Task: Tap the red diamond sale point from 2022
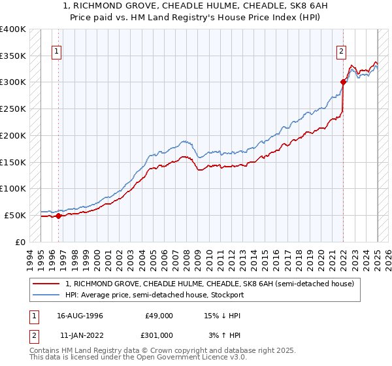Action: [x=344, y=82]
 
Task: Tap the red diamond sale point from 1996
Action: [x=58, y=216]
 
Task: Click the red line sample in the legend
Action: [x=48, y=284]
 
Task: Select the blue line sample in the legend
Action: [x=48, y=295]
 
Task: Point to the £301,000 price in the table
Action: [x=159, y=335]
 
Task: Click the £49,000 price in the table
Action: [x=159, y=316]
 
